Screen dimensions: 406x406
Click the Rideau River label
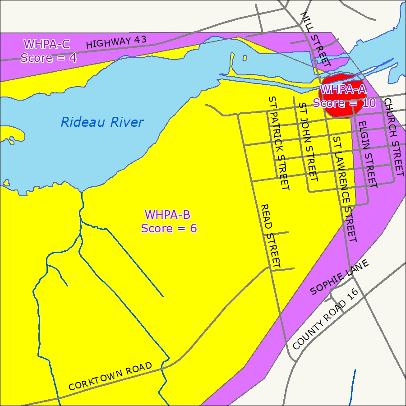click(102, 122)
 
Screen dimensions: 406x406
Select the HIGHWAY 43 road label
click(116, 42)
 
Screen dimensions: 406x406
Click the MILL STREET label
click(315, 40)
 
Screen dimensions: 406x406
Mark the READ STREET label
click(271, 235)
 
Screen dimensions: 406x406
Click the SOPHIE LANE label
click(340, 277)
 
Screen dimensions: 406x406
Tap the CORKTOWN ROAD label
click(110, 377)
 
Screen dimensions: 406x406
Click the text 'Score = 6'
click(169, 228)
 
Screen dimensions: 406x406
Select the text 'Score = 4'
click(49, 58)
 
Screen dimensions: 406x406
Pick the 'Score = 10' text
click(344, 103)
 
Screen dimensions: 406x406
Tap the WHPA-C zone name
click(47, 44)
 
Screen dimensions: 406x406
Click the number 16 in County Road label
click(352, 296)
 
